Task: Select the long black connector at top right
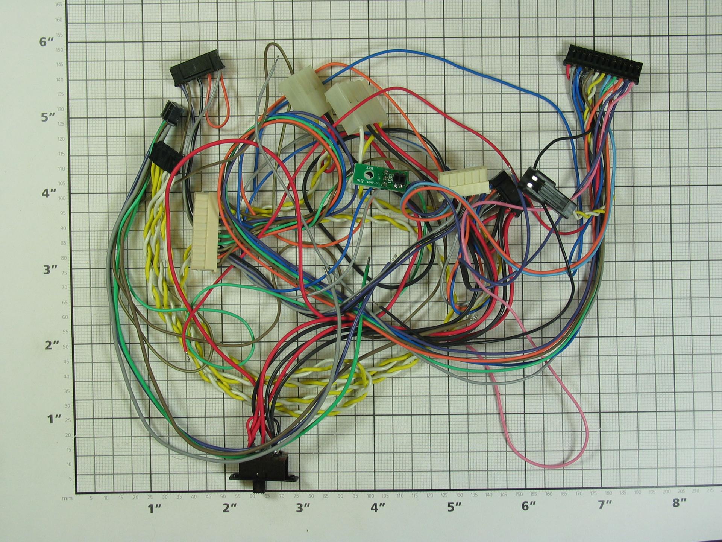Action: [x=603, y=59]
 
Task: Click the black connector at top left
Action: [x=197, y=68]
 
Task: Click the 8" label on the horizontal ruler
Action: [x=679, y=503]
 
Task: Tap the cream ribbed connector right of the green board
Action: [x=464, y=182]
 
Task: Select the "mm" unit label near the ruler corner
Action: [x=67, y=498]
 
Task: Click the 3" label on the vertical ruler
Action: [x=50, y=269]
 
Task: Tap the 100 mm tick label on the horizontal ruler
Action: [x=371, y=496]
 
